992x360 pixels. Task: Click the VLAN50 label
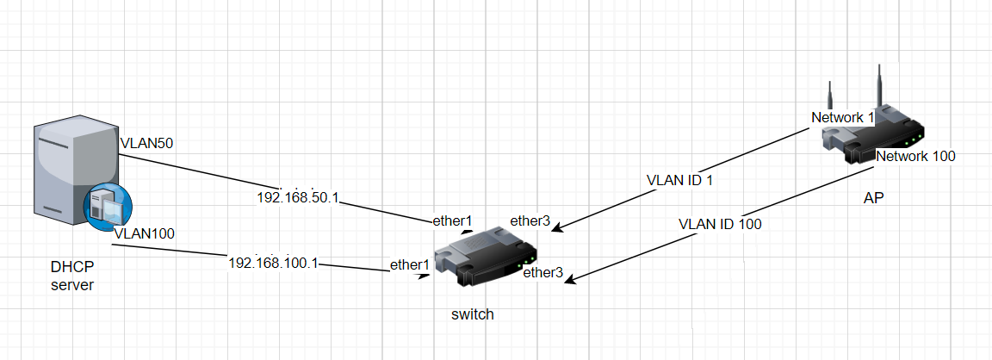146,143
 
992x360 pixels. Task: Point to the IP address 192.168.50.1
299,198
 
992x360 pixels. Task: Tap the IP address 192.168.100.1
273,262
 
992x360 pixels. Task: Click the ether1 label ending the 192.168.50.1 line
452,220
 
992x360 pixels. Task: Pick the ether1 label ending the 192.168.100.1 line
410,265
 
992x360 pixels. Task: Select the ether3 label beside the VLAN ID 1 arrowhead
530,220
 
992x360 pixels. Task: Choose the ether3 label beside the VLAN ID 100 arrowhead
543,273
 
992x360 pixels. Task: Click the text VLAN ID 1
680,181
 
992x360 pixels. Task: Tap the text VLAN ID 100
720,223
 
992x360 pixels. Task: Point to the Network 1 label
843,117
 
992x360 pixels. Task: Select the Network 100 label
915,156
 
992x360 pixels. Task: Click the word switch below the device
473,314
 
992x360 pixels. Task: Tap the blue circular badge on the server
108,206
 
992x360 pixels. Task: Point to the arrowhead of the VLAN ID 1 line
556,229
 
